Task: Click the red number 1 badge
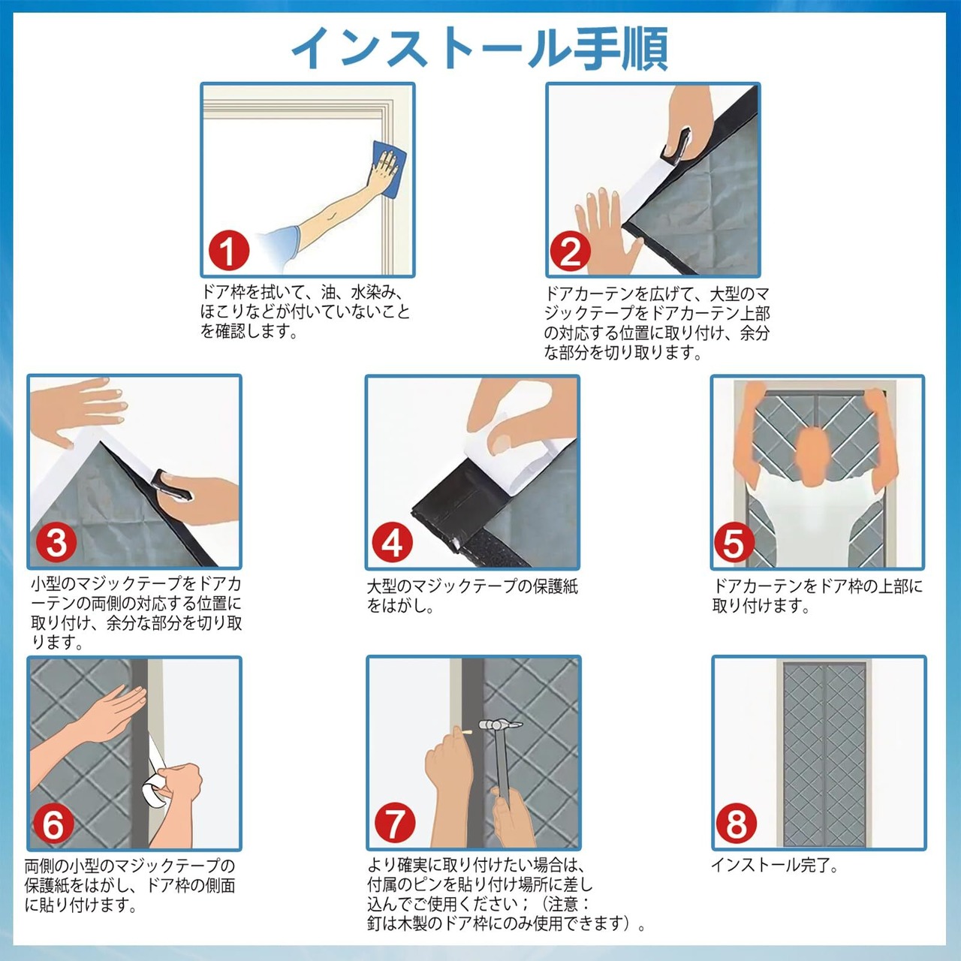point(228,251)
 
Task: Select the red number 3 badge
point(56,543)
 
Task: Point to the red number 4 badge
point(393,543)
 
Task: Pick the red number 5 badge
point(734,543)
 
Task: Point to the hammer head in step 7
point(500,725)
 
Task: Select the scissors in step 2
point(676,146)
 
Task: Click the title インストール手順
point(480,48)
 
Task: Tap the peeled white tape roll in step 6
point(155,788)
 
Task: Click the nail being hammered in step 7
point(467,732)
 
